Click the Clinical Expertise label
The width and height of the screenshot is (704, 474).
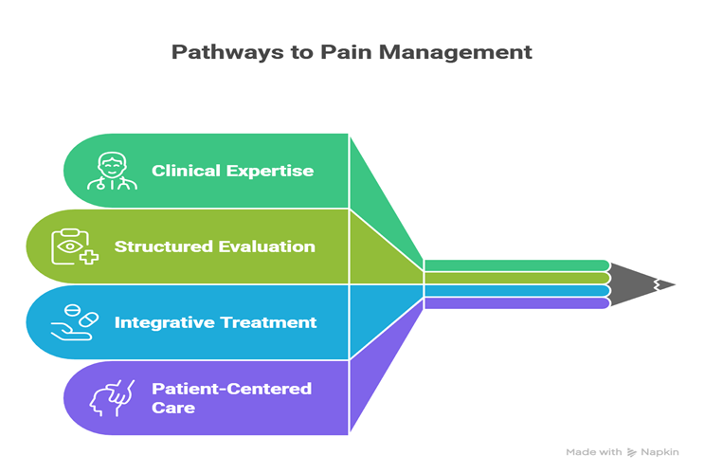tap(232, 171)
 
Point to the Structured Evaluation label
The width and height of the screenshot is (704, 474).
tap(214, 246)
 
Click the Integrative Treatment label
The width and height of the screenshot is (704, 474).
tap(215, 322)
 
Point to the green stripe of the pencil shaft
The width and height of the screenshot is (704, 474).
tap(516, 265)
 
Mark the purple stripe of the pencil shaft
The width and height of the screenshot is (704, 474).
tap(516, 303)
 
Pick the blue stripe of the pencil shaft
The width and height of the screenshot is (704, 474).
tap(516, 290)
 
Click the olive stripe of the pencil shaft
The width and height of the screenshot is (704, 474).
tap(516, 278)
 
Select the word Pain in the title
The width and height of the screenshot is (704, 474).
tap(331, 51)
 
